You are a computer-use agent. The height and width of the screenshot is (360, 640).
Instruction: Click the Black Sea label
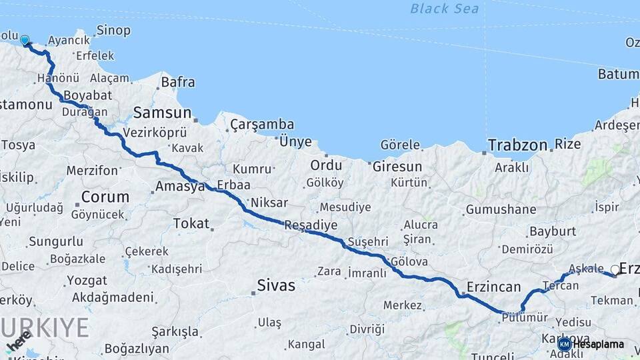pos(444,9)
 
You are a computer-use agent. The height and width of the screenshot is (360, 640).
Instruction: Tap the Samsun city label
pos(162,113)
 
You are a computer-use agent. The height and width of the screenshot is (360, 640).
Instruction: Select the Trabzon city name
pos(517,145)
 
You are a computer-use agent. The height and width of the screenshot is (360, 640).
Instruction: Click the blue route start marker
pos(25,40)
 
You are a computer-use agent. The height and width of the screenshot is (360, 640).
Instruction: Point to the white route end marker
pos(615,270)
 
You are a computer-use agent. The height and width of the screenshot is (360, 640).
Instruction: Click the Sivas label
pos(276,286)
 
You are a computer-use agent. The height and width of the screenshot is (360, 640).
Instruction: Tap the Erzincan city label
pos(494,287)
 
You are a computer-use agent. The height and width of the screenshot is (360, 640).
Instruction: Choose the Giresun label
pos(397,167)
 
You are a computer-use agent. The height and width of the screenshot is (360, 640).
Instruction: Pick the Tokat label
pos(191,223)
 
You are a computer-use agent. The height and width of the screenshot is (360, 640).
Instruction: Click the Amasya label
pos(180,187)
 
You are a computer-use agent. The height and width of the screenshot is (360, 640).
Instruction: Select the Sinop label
pos(113,30)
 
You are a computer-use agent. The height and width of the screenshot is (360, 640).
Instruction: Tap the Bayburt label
pos(552,231)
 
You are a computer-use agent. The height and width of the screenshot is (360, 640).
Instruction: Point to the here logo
pos(19,341)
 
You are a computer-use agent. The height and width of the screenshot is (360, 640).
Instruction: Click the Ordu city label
pos(326,165)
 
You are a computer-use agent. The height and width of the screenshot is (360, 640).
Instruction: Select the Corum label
pos(105,197)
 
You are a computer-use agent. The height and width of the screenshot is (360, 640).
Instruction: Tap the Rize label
pos(568,144)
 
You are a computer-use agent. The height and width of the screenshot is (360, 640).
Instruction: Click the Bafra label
pos(178,83)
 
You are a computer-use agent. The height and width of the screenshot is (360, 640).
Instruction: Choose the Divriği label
pos(367,329)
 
